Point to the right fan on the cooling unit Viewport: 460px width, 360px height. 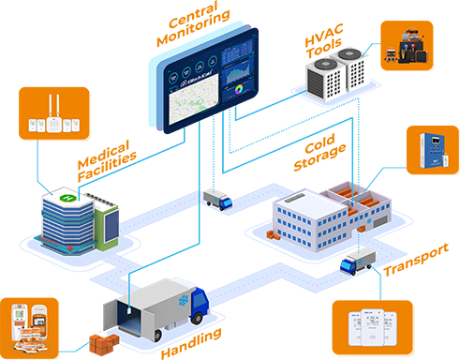click(358, 54)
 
